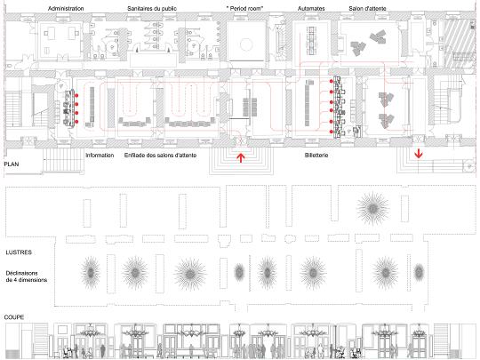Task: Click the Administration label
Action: pyautogui.click(x=66, y=9)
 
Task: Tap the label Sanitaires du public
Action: pyautogui.click(x=152, y=9)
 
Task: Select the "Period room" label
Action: pyautogui.click(x=245, y=9)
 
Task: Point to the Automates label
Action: pyautogui.click(x=311, y=9)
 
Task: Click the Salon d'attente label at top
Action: pyautogui.click(x=367, y=9)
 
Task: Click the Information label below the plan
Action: pyautogui.click(x=100, y=156)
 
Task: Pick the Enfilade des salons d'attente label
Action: pyautogui.click(x=160, y=156)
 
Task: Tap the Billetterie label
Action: pyautogui.click(x=316, y=156)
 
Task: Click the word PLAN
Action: pyautogui.click(x=12, y=164)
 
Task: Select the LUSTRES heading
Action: pyautogui.click(x=19, y=252)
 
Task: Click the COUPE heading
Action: pyautogui.click(x=14, y=317)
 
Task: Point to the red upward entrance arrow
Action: pyautogui.click(x=241, y=157)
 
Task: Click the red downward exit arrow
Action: pyautogui.click(x=419, y=154)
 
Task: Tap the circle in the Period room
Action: pyautogui.click(x=246, y=44)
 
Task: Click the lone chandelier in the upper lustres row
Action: pyautogui.click(x=372, y=209)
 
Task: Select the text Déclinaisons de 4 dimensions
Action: pyautogui.click(x=27, y=276)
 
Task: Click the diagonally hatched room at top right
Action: pyautogui.click(x=460, y=44)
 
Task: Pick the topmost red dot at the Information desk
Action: pyautogui.click(x=76, y=96)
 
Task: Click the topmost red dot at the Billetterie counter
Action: pyautogui.click(x=332, y=82)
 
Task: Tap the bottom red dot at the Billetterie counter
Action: pyautogui.click(x=332, y=132)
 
